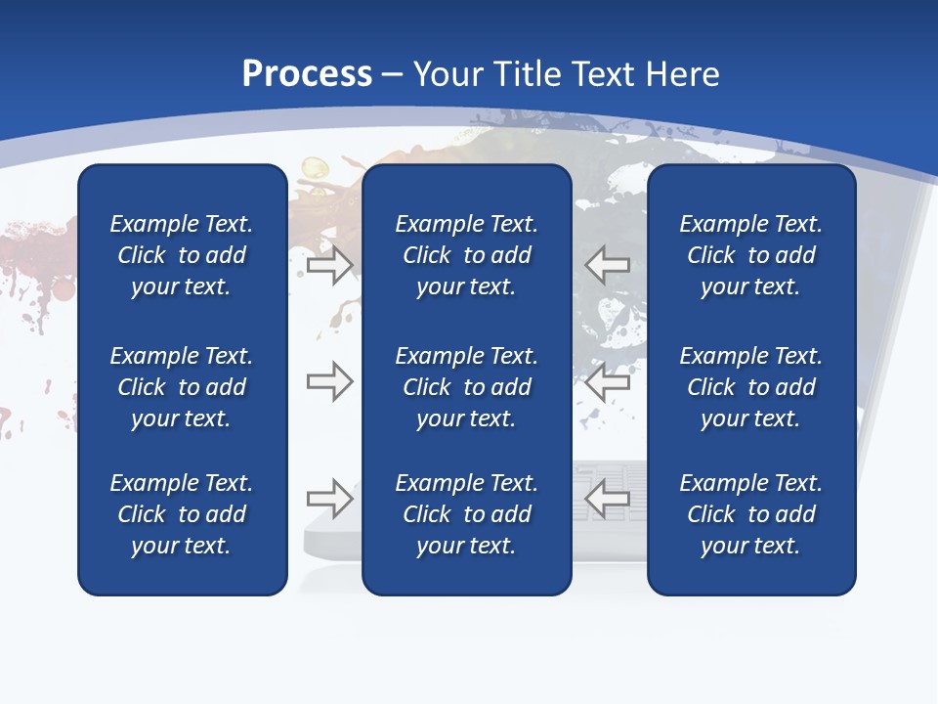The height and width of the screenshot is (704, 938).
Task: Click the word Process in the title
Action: click(307, 74)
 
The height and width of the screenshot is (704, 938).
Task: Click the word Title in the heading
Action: click(525, 74)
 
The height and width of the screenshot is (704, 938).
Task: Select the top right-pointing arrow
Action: click(330, 264)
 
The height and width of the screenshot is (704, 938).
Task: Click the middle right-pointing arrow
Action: click(330, 381)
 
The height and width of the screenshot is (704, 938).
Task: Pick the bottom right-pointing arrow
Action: click(330, 499)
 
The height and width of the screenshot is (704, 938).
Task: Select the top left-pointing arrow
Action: click(607, 264)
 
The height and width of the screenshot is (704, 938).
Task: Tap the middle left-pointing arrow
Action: click(607, 381)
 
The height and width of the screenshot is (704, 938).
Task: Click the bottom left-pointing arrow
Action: click(607, 499)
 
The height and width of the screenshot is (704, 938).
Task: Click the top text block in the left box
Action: click(182, 255)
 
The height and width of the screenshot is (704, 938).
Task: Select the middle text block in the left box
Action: click(182, 387)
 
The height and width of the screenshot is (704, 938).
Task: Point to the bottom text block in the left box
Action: click(182, 514)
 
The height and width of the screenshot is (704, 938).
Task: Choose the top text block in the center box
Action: click(466, 255)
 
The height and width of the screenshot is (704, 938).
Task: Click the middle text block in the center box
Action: click(466, 387)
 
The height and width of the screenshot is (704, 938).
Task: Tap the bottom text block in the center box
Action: click(466, 514)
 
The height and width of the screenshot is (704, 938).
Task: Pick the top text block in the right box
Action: click(750, 255)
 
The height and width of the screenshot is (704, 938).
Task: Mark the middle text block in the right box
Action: click(750, 387)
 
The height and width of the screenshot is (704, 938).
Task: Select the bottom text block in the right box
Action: click(750, 514)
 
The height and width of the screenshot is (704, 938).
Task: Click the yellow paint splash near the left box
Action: click(312, 172)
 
